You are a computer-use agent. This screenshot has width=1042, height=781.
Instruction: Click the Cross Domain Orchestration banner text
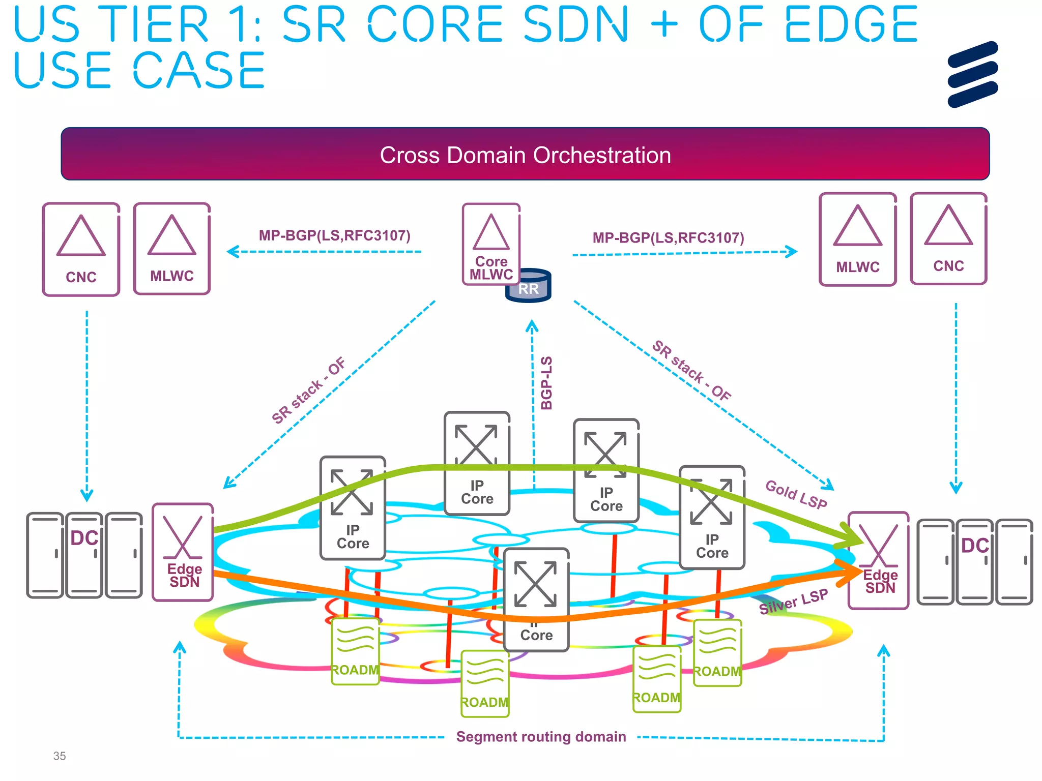click(525, 155)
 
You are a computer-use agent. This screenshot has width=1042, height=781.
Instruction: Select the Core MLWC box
click(490, 243)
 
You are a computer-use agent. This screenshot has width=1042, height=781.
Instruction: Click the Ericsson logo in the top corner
click(972, 74)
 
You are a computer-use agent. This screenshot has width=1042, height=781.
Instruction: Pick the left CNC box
click(81, 249)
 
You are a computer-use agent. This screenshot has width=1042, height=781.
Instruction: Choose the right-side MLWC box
click(857, 239)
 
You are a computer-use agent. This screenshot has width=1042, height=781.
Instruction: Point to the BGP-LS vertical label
click(546, 382)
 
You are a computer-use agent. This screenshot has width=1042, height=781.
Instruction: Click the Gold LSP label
click(796, 494)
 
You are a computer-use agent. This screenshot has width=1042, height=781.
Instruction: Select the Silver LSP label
click(793, 602)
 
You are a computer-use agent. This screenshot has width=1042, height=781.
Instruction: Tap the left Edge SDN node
click(183, 552)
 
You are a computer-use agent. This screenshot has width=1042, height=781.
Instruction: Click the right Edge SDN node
click(879, 560)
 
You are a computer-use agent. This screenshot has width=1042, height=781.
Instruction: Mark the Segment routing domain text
click(541, 737)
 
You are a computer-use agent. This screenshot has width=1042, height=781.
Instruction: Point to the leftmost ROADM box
click(355, 652)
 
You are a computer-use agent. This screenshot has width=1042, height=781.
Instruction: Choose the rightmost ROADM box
click(717, 653)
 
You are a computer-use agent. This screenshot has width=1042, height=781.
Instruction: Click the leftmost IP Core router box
click(353, 507)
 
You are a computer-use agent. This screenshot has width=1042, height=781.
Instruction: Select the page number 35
click(60, 756)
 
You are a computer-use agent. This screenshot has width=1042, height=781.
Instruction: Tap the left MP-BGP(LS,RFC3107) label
click(334, 235)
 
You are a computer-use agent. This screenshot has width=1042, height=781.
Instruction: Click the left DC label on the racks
click(84, 538)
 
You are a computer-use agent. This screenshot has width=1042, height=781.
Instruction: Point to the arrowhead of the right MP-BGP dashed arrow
click(792, 251)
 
